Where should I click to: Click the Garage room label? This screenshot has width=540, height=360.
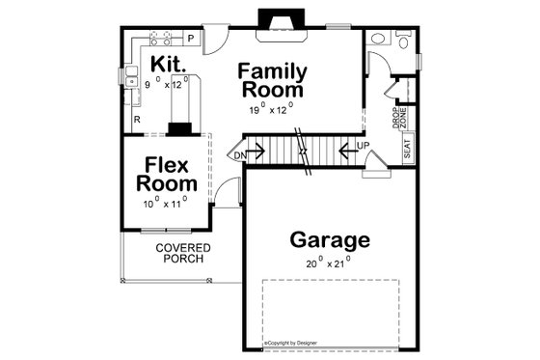[x=330, y=239]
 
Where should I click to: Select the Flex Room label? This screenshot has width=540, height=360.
[x=166, y=172]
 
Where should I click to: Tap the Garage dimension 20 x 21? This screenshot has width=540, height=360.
[x=329, y=262]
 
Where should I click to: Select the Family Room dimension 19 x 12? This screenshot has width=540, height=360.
[x=271, y=109]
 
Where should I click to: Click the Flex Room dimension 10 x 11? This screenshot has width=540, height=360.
[x=165, y=202]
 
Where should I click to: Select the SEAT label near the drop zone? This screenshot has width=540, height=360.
[x=408, y=148]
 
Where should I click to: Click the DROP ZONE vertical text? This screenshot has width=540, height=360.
[x=398, y=117]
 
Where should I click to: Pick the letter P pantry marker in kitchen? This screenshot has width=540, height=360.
[x=191, y=39]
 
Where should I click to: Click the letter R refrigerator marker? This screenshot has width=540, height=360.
[x=138, y=120]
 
